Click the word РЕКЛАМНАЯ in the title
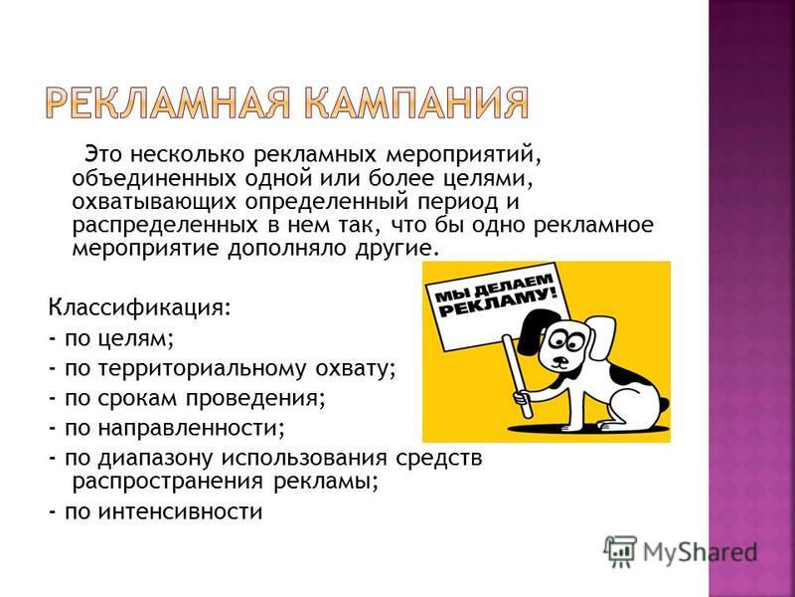tap(168, 103)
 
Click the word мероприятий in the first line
tap(463, 154)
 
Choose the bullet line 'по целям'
tap(111, 338)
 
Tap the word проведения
tap(255, 399)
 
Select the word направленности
tap(191, 429)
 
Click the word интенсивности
tap(180, 511)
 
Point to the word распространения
tap(168, 482)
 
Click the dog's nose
tap(558, 358)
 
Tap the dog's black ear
tap(531, 333)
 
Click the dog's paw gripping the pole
tap(523, 396)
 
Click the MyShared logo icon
tap(620, 550)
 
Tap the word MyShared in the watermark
tap(700, 552)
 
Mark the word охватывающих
tap(155, 203)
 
